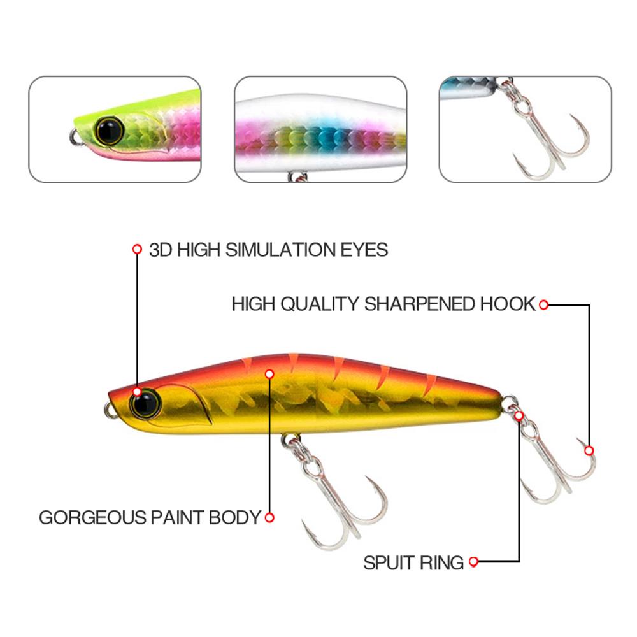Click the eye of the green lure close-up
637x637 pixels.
pyautogui.click(x=110, y=130)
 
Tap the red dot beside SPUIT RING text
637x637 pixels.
pyautogui.click(x=473, y=562)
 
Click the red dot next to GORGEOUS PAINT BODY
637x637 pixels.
pyautogui.click(x=269, y=517)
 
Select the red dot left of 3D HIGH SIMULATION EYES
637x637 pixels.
pyautogui.click(x=137, y=249)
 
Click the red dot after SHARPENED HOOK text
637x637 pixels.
pyautogui.click(x=543, y=304)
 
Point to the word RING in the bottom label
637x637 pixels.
pyautogui.click(x=441, y=562)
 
